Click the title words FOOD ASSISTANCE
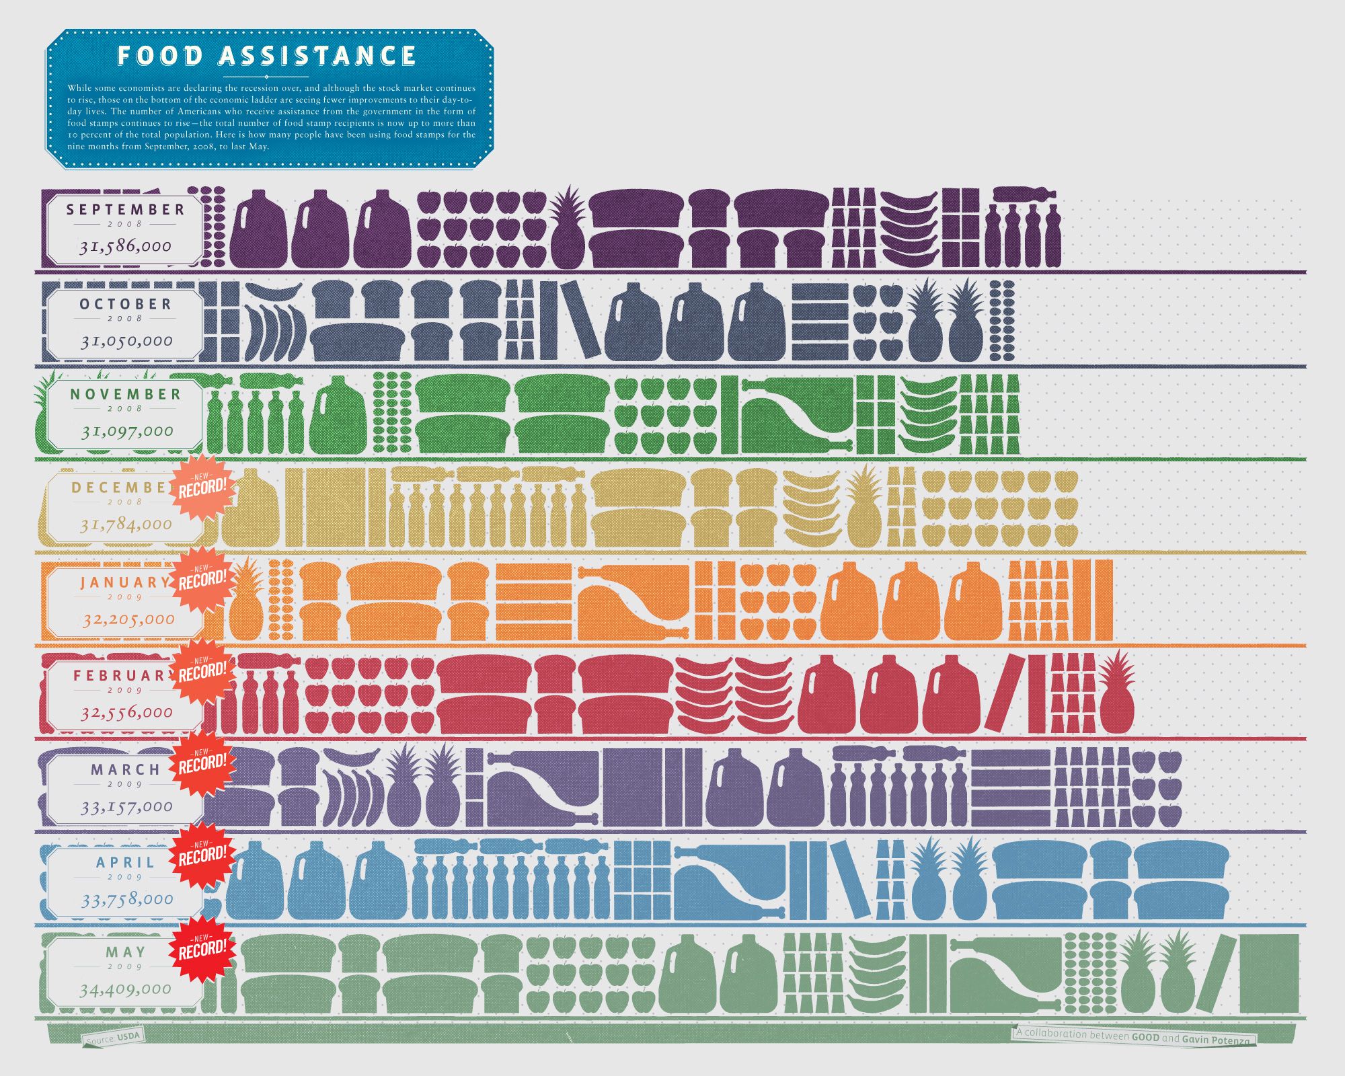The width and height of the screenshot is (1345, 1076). point(267,56)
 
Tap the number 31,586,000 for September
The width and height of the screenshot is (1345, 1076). point(126,246)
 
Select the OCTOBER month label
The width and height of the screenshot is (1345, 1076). point(126,304)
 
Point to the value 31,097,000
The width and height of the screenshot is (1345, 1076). point(127,430)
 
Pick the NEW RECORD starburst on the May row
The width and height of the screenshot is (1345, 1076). point(202,947)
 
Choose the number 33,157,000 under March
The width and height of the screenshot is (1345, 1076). point(126,806)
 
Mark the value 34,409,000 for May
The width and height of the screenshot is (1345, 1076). point(125,989)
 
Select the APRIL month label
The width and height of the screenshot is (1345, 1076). point(126,862)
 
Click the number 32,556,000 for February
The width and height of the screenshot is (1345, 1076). point(126,712)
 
